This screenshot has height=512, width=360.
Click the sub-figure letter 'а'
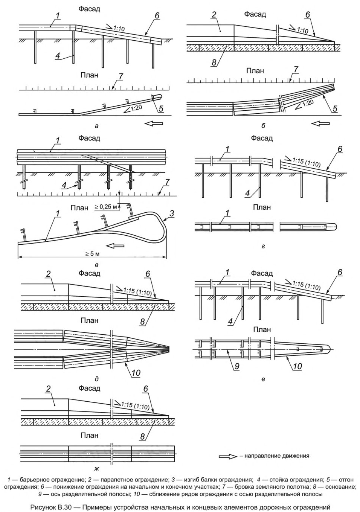pyautogui.click(x=97, y=126)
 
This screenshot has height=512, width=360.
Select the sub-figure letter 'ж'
pyautogui.click(x=97, y=469)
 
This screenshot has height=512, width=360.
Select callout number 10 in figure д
pyautogui.click(x=136, y=372)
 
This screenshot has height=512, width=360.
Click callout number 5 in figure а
pyautogui.click(x=161, y=109)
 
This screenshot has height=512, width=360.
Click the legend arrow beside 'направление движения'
pyautogui.click(x=228, y=456)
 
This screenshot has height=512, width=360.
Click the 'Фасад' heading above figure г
pyautogui.click(x=262, y=138)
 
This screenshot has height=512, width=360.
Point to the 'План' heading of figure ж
pyautogui.click(x=89, y=436)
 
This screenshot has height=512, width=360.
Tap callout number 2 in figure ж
pyautogui.click(x=48, y=389)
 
